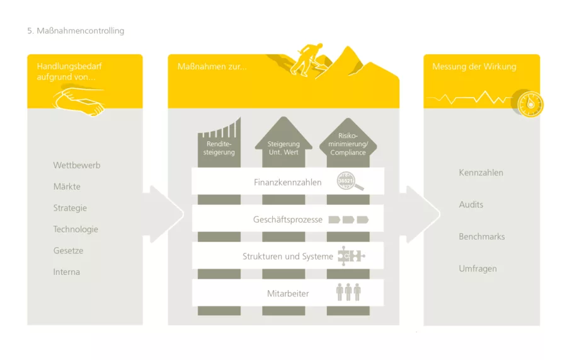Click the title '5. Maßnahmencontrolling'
[76, 31]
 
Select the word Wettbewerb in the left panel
[77, 165]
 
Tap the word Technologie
[76, 229]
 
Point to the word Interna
[67, 272]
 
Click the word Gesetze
[68, 251]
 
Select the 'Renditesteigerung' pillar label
[219, 148]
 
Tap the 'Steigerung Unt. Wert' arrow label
[283, 148]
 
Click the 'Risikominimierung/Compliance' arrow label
[348, 144]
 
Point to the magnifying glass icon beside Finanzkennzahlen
[350, 182]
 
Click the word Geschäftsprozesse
[288, 219]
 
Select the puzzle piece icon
[351, 256]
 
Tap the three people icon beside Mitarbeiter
[348, 292]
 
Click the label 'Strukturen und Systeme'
[288, 257]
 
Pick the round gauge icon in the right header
[530, 104]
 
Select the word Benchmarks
[482, 236]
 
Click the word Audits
[471, 205]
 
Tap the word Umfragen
[478, 269]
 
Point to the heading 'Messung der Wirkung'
[474, 67]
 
